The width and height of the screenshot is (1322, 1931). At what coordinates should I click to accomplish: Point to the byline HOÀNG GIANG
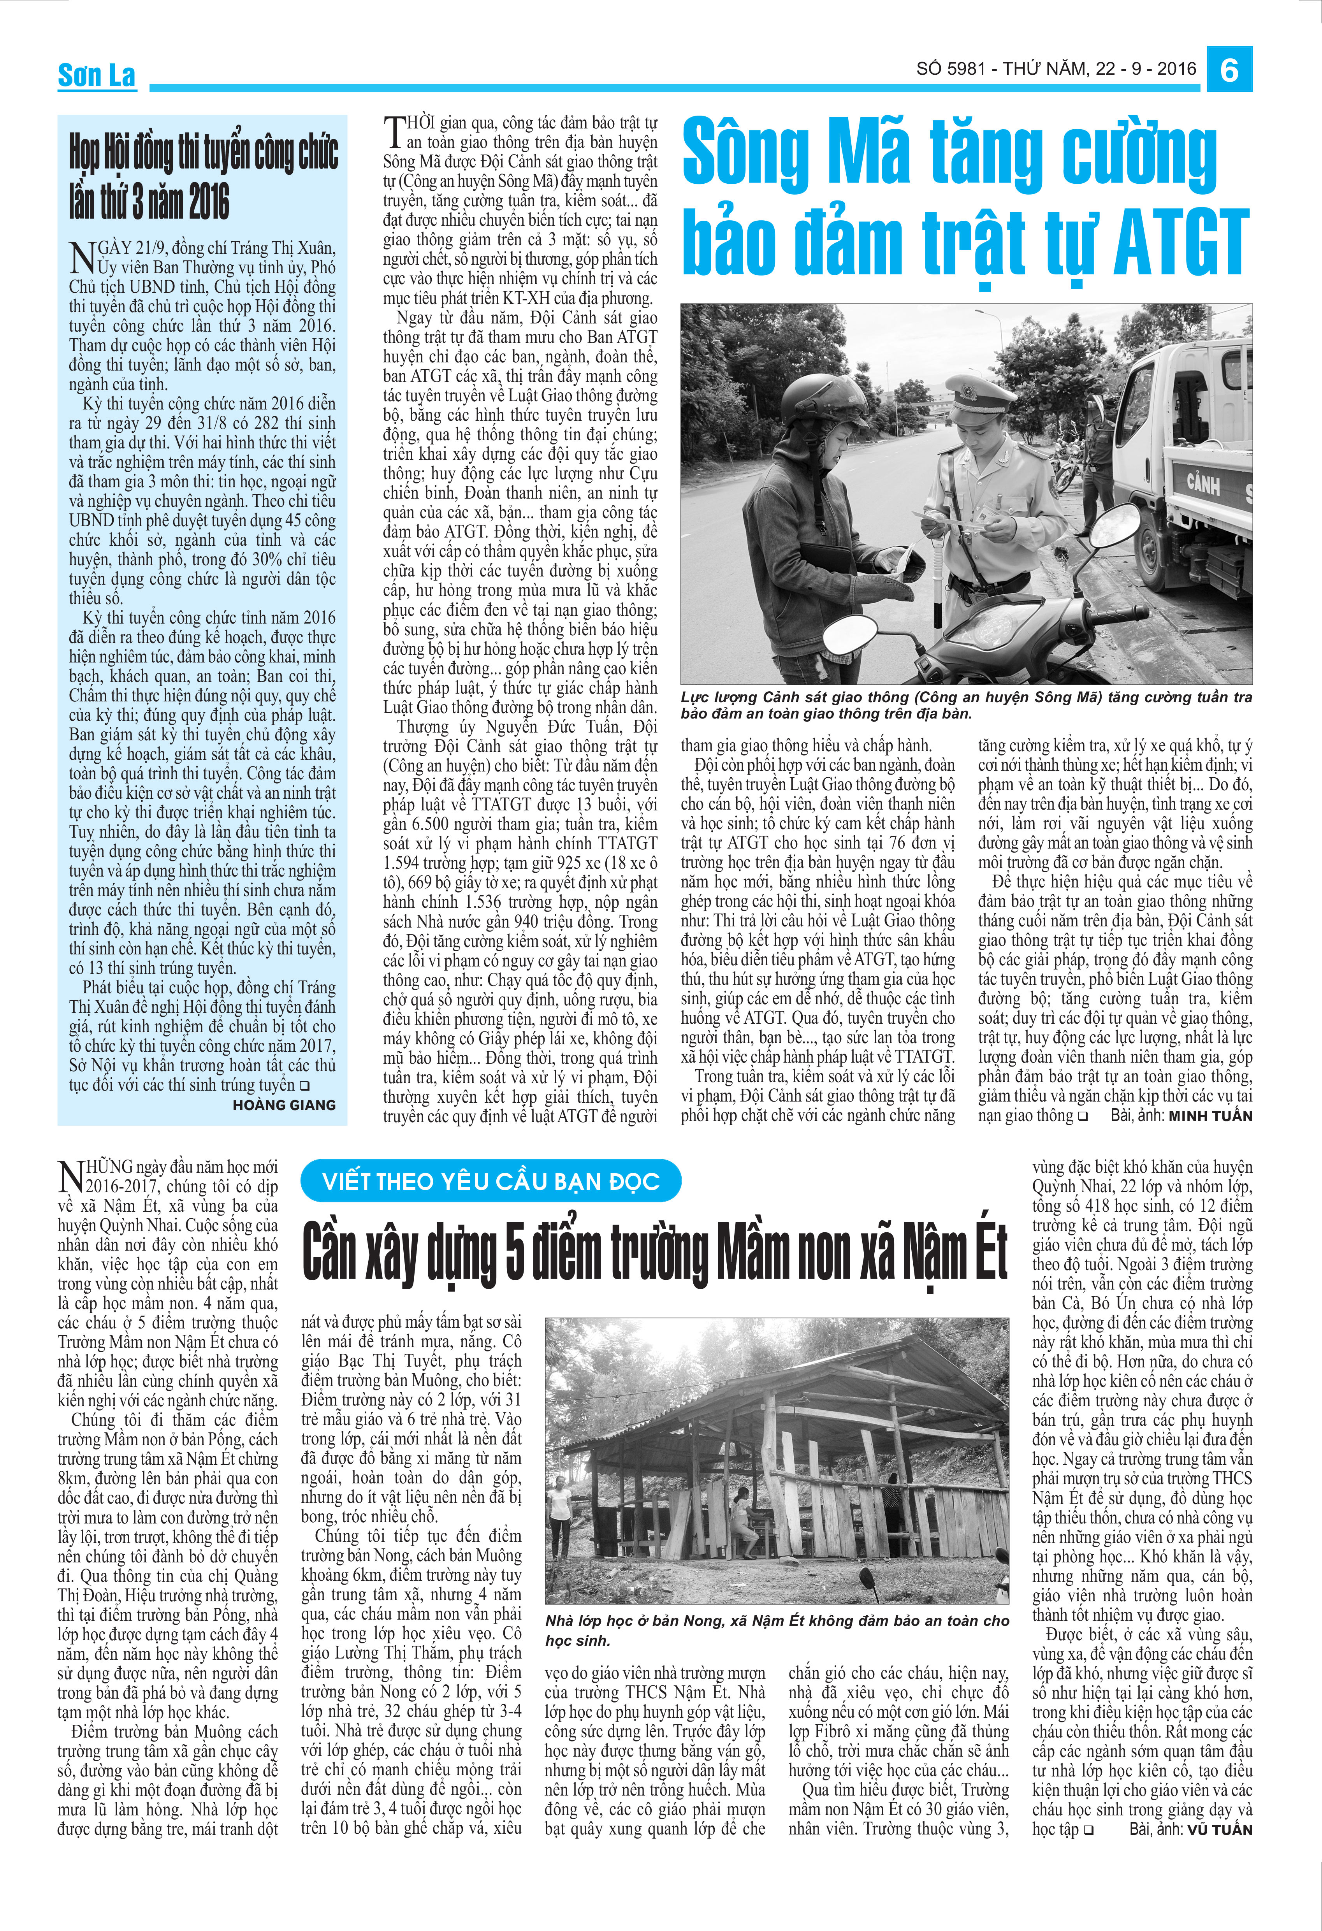coord(284,1105)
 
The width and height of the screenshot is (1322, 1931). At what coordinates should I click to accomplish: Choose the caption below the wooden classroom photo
coord(777,1630)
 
